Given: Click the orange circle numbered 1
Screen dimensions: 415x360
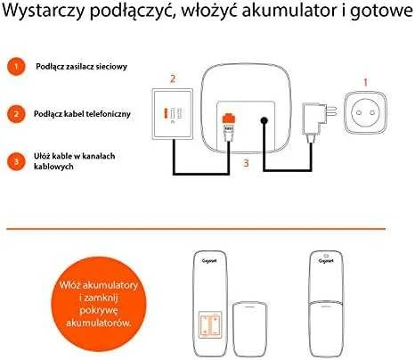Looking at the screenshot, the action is click(x=16, y=66).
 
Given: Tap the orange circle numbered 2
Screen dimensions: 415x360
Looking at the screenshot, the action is click(x=16, y=114).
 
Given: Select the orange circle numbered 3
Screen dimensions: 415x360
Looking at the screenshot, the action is click(x=16, y=161).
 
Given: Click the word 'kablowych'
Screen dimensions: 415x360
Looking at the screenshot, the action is click(x=53, y=167).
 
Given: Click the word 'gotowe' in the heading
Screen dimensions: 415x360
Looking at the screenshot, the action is click(x=382, y=12).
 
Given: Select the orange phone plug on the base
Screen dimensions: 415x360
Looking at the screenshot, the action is click(x=229, y=119).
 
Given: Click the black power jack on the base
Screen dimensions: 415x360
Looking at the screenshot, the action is click(x=264, y=121).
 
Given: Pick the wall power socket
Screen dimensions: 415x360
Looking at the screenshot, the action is click(x=365, y=112).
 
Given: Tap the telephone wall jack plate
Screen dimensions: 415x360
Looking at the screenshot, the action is click(x=173, y=114).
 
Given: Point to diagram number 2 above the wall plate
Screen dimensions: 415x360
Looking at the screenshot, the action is click(x=173, y=78).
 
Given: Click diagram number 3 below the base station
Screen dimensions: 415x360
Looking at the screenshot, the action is click(x=246, y=163).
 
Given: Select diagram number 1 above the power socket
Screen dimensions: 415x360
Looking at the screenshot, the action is click(x=366, y=82).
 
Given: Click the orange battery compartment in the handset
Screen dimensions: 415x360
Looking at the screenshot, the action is click(x=210, y=324).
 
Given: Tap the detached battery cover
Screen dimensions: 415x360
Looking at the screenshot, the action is click(x=249, y=329).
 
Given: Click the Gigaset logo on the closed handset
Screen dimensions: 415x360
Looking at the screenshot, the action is click(x=326, y=261).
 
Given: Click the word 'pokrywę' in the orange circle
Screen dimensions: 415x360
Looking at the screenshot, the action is click(x=99, y=310).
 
